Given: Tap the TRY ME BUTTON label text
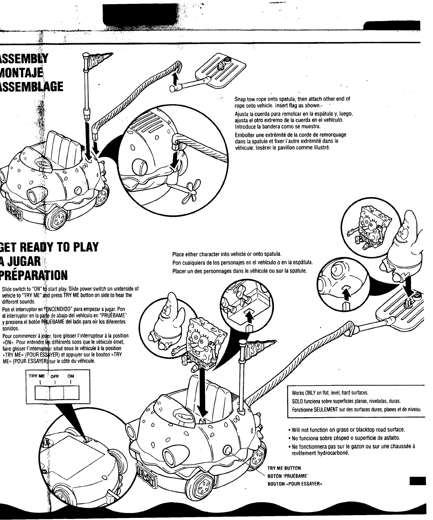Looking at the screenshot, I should pyautogui.click(x=284, y=468).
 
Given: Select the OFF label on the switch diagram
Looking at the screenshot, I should pyautogui.click(x=55, y=376).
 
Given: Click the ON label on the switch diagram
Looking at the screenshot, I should pyautogui.click(x=71, y=376).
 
